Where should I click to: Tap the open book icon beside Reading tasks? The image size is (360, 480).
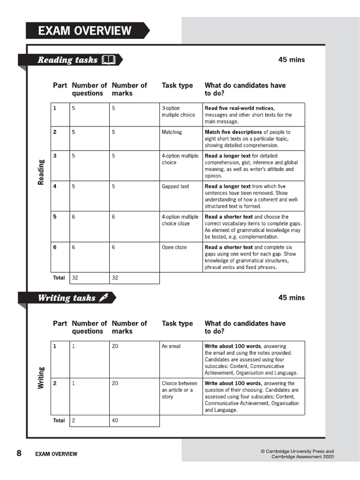point(108,60)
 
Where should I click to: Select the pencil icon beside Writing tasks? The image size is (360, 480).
point(104,298)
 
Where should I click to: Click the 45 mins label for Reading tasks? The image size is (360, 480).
point(291,60)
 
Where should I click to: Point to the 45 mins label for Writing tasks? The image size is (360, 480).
point(291,298)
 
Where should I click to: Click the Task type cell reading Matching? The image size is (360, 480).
point(172,132)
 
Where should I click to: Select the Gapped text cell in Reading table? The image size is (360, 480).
point(175,186)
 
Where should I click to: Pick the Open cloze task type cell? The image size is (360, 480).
point(174,247)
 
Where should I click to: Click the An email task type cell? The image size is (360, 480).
point(171,346)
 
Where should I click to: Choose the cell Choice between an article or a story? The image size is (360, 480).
point(179,390)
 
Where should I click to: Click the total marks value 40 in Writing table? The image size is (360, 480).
point(115,420)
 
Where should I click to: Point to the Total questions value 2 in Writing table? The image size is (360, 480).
point(74,420)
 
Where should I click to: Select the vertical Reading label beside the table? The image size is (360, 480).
point(41,172)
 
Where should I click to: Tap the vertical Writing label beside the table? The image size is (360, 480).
point(41,378)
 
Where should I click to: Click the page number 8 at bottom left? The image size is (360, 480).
point(19,453)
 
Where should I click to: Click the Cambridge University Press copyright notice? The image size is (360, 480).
point(297,454)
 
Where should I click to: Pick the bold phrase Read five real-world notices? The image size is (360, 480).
point(240,108)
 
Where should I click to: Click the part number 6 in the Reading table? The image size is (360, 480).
point(55,247)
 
